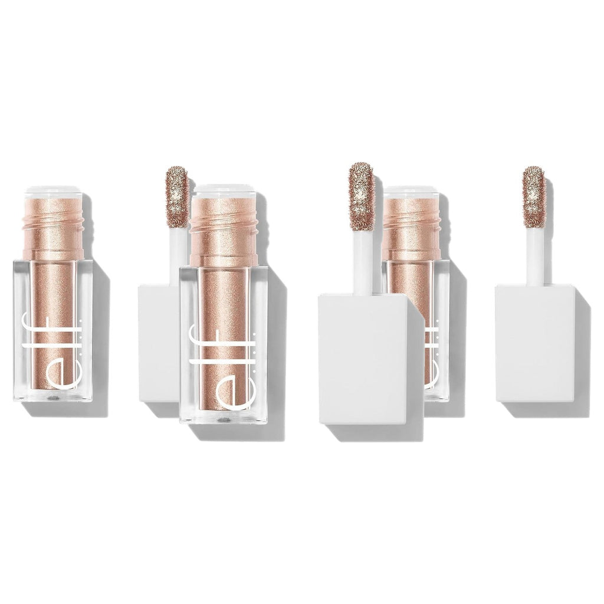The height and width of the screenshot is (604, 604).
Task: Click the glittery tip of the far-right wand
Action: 536,197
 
